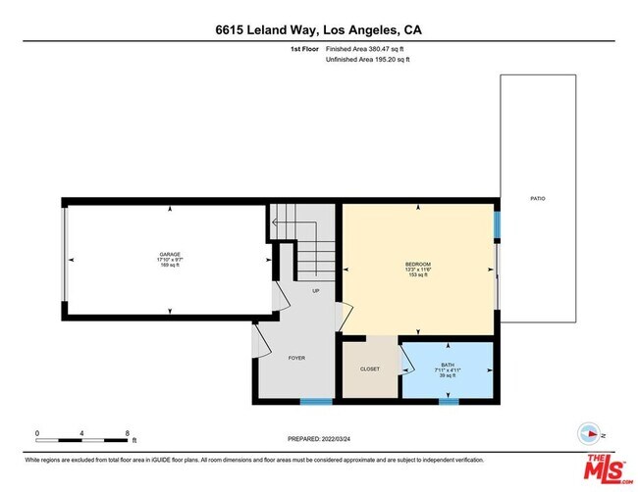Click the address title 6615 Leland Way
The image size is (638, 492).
[319, 29]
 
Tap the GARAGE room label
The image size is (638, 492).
[170, 254]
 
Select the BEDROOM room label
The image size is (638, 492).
[418, 264]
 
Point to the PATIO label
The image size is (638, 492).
[539, 199]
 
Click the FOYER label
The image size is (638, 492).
[296, 358]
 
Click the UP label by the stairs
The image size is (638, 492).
[315, 291]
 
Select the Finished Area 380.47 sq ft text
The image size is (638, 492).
[365, 48]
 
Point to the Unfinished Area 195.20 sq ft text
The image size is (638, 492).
[367, 60]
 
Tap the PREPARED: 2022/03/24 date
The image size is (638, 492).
[319, 438]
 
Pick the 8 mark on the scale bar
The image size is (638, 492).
[128, 431]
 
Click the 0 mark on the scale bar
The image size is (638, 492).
[37, 431]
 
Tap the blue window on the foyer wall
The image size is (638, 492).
[315, 401]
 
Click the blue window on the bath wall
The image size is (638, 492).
[448, 401]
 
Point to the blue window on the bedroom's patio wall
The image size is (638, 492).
[497, 224]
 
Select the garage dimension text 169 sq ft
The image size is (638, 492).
[170, 266]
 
